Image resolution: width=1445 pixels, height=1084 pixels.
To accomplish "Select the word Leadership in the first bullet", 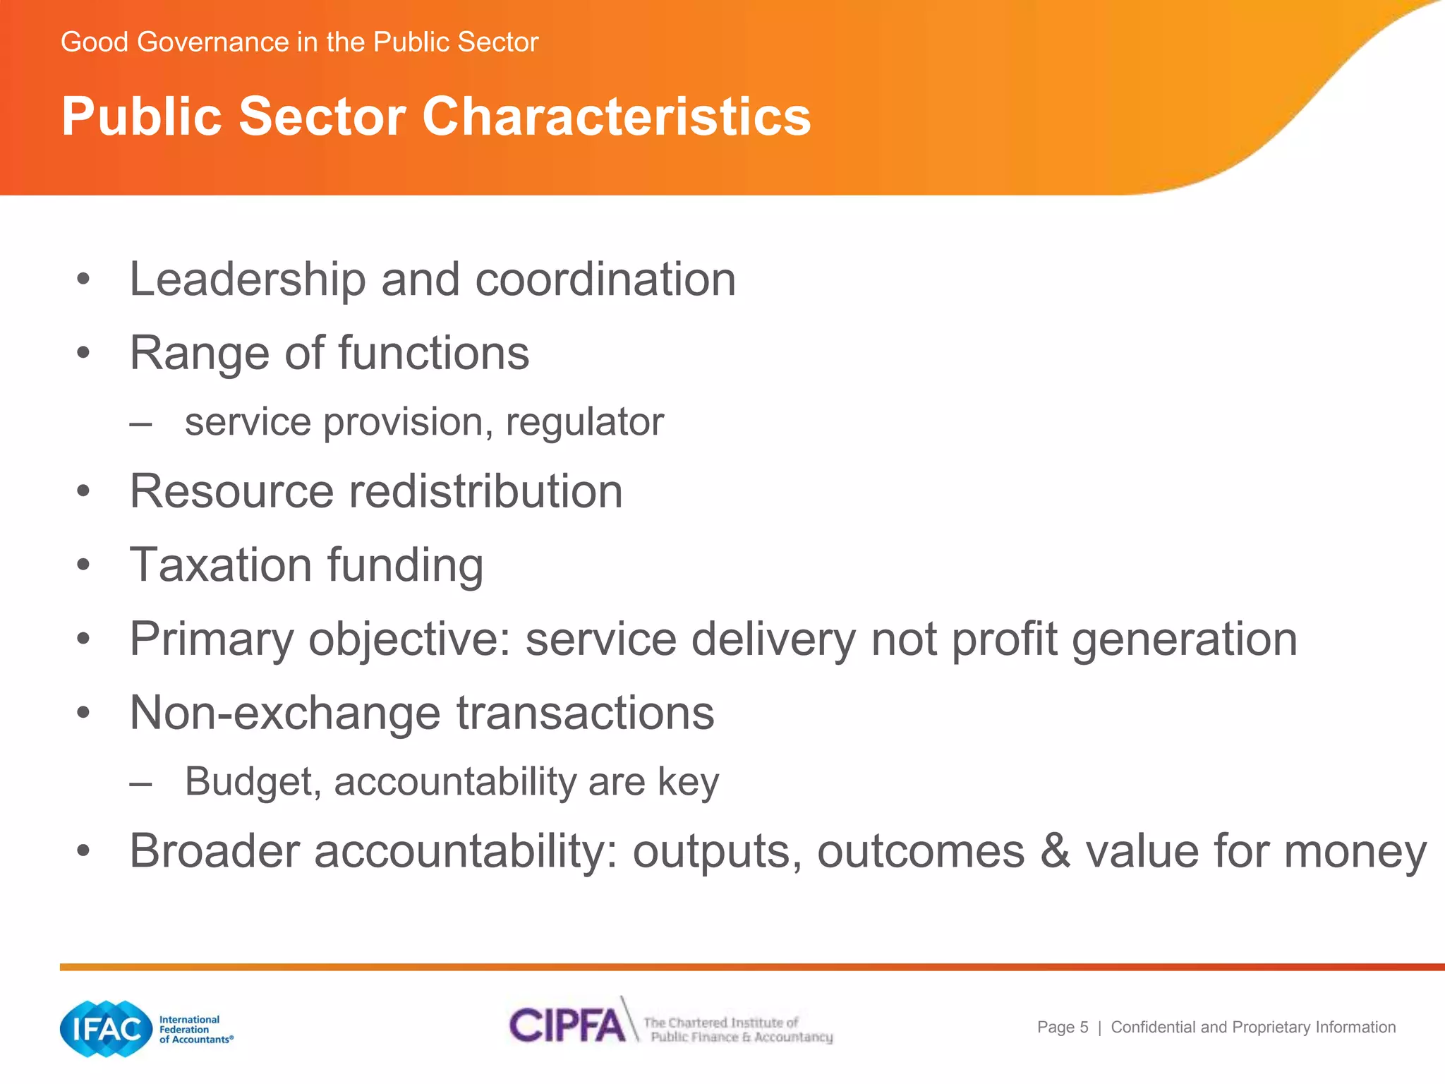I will [x=248, y=279].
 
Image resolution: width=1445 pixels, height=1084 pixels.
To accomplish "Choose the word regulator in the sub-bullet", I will [x=585, y=423].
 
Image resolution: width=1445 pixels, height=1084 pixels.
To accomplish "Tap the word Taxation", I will [x=221, y=565].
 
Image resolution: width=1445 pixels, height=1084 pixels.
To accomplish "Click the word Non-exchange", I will [x=285, y=713].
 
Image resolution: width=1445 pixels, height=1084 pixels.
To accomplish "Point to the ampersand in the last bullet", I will [x=1056, y=851].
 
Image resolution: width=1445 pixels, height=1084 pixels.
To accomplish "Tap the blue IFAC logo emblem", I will [x=107, y=1029].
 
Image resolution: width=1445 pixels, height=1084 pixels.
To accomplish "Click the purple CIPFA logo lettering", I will [x=567, y=1025].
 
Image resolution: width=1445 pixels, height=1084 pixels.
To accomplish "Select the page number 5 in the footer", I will [x=1084, y=1028].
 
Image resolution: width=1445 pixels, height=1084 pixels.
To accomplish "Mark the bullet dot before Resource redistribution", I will [x=84, y=491].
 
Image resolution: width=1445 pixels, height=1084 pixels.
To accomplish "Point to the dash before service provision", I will [x=140, y=424].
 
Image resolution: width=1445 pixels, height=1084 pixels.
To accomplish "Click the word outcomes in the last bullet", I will [x=921, y=851].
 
